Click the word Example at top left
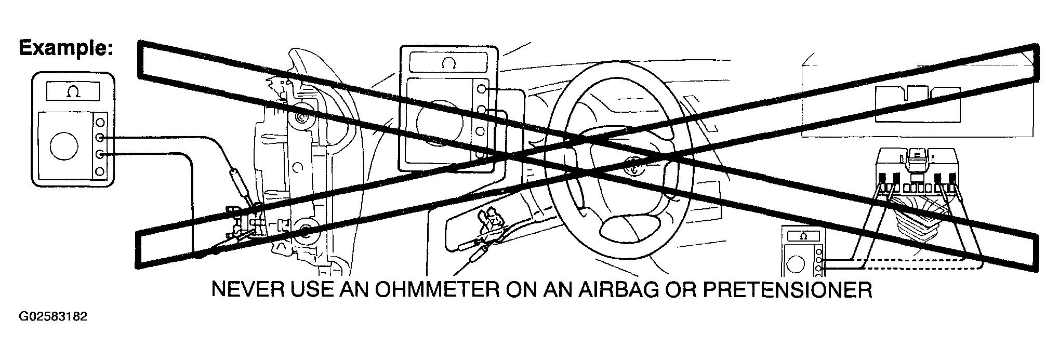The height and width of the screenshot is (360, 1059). (65, 48)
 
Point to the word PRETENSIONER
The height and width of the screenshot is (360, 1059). (787, 290)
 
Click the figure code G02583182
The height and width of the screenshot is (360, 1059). (52, 316)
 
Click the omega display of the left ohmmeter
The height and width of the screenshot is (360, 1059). (73, 92)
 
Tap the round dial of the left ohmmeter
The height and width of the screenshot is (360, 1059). (64, 146)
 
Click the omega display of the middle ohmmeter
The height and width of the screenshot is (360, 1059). (448, 63)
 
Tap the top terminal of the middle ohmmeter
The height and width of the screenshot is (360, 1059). (482, 89)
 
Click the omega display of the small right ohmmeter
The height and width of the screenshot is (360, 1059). (804, 236)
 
